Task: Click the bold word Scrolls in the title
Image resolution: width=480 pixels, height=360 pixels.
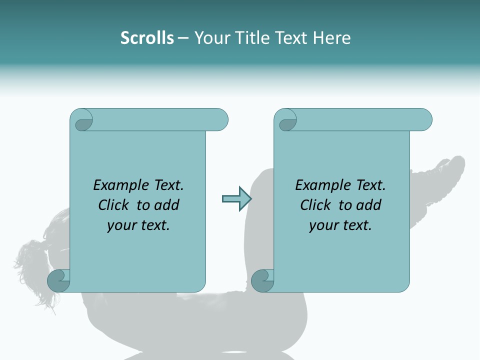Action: (x=147, y=38)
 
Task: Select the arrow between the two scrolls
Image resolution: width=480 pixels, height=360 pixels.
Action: (x=236, y=199)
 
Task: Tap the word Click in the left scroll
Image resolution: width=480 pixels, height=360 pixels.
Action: (x=114, y=205)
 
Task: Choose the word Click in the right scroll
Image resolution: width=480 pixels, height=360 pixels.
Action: (x=316, y=205)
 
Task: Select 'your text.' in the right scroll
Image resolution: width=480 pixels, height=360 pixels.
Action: (x=340, y=225)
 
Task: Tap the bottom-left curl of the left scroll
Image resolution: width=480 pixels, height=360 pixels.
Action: (x=58, y=280)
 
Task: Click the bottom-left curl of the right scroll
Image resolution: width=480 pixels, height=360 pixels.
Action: (x=262, y=280)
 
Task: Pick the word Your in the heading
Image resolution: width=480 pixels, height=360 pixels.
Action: (x=210, y=38)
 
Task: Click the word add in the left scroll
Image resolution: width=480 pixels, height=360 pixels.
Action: (x=166, y=205)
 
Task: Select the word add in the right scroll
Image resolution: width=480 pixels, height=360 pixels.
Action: (x=368, y=205)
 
